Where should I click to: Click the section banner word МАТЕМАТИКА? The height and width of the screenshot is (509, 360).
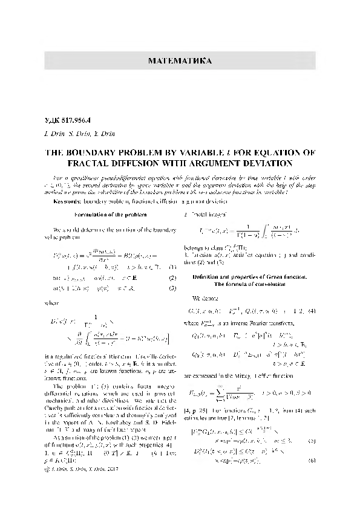[180, 61]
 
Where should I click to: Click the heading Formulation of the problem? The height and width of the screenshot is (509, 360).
[108, 215]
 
